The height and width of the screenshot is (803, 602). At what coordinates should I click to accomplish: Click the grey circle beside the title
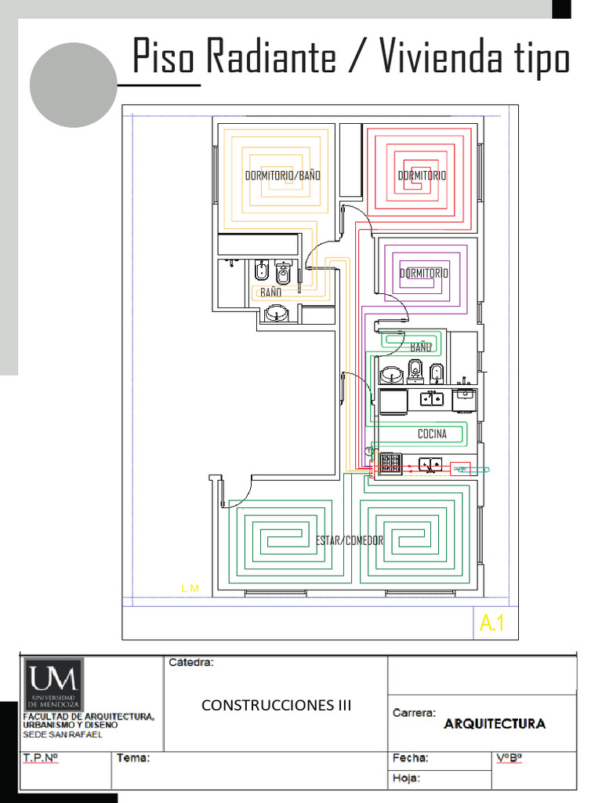(74, 85)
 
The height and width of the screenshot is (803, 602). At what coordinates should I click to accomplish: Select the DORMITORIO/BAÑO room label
(283, 176)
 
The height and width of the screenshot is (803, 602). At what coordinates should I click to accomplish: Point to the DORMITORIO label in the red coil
(422, 176)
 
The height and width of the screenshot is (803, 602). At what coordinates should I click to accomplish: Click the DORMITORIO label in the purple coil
(424, 274)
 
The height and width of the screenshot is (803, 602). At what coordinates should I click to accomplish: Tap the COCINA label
(432, 434)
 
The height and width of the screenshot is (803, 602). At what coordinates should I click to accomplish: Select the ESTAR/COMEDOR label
(350, 541)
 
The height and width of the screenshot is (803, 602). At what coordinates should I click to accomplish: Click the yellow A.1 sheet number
(492, 624)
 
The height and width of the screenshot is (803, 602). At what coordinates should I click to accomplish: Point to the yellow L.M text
(190, 588)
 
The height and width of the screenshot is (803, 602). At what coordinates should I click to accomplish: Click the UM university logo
(54, 683)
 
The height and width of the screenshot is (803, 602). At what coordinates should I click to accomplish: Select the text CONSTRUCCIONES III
(277, 705)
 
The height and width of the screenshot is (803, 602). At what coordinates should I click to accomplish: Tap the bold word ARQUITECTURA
(495, 723)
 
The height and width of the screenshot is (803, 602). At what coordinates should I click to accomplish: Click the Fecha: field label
(410, 758)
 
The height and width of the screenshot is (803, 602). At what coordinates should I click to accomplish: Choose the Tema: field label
(133, 758)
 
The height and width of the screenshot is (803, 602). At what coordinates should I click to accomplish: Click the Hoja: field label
(406, 778)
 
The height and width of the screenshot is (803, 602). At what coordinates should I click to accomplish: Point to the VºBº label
(510, 758)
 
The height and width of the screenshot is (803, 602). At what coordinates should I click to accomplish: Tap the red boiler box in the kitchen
(460, 468)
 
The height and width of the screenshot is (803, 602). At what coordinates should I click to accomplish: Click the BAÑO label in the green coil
(421, 347)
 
